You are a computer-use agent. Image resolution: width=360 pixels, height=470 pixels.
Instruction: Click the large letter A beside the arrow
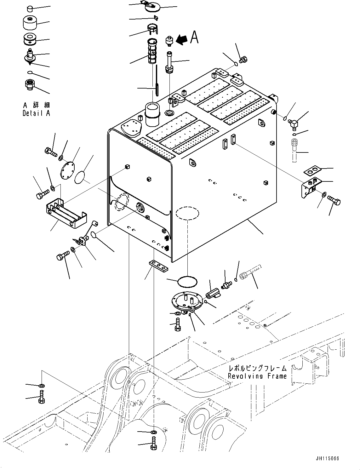(195, 37)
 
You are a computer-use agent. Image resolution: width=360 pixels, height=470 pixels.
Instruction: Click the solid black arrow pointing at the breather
(182, 39)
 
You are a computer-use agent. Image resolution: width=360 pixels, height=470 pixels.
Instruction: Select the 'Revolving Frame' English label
(257, 376)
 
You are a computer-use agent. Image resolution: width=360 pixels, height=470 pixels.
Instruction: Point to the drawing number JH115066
(327, 458)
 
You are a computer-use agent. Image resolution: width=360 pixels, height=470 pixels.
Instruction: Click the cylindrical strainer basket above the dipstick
(153, 50)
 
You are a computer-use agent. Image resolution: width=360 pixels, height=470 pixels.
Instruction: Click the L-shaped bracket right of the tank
(310, 188)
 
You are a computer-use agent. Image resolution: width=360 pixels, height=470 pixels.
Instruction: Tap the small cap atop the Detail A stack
(29, 8)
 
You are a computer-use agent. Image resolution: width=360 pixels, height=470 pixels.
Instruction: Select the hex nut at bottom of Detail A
(30, 84)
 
